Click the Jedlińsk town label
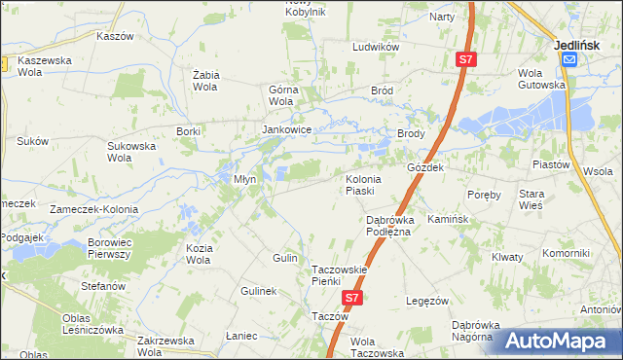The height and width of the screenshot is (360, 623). (x=580, y=44)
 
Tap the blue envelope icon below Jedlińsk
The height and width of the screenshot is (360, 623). (x=569, y=59)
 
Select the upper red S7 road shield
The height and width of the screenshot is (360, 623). (x=466, y=60)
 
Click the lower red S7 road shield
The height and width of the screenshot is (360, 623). (x=352, y=300)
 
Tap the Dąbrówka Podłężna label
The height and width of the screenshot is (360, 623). (x=389, y=226)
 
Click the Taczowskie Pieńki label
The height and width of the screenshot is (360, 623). (x=338, y=275)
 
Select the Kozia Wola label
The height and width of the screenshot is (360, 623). (x=198, y=254)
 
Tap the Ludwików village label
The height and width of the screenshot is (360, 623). (x=377, y=47)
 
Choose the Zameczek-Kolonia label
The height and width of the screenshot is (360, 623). (x=94, y=209)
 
